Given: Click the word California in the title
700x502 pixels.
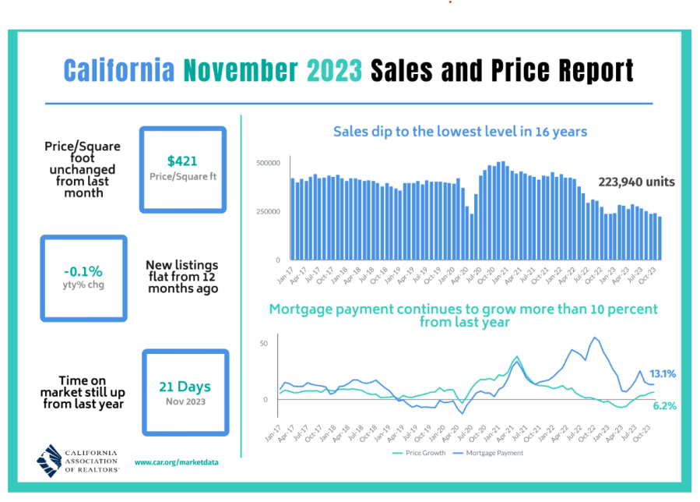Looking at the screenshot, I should (x=118, y=70).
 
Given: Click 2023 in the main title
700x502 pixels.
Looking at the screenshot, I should (x=334, y=70).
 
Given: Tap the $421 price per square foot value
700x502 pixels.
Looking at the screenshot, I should (x=182, y=161).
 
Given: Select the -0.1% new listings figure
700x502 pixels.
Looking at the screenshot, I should (x=83, y=271).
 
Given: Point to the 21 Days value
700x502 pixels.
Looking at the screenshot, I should (x=185, y=387).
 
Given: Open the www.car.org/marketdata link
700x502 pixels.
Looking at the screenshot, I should (x=176, y=462).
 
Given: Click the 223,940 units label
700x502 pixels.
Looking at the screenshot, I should (x=636, y=182).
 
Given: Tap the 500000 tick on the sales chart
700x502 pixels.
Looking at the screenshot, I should (x=267, y=163).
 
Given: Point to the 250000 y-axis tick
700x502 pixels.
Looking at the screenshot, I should (x=267, y=211).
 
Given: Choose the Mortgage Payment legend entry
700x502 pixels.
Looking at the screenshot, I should (x=491, y=453).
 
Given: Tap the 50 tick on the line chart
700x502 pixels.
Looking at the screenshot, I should (x=263, y=344).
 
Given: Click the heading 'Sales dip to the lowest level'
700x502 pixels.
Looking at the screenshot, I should (x=459, y=131).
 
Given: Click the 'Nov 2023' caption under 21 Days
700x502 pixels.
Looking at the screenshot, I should (x=185, y=402).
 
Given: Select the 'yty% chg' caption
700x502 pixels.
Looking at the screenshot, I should (x=83, y=285).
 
